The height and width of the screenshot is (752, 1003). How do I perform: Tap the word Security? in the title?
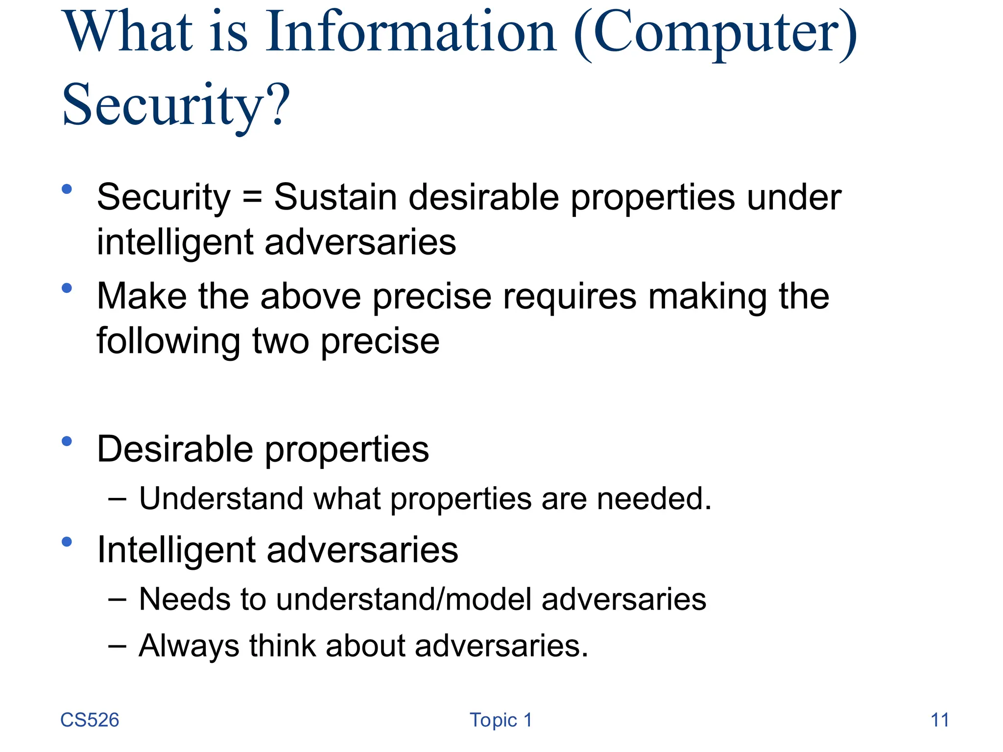pos(176,105)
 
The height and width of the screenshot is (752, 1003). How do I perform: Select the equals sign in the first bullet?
pos(252,197)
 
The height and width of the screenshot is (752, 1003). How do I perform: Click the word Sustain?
pos(335,197)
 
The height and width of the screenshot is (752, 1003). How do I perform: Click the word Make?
pos(142,296)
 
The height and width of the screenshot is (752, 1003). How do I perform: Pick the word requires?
pos(570,297)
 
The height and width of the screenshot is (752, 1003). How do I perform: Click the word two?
pos(280,341)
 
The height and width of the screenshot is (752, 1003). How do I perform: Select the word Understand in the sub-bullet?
pos(221,498)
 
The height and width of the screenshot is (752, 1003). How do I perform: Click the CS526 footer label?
pos(90,720)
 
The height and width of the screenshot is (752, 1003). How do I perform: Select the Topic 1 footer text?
pos(501,720)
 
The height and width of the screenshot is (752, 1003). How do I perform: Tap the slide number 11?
pos(939,720)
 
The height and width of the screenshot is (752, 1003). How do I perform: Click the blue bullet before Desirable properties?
pos(67,442)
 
